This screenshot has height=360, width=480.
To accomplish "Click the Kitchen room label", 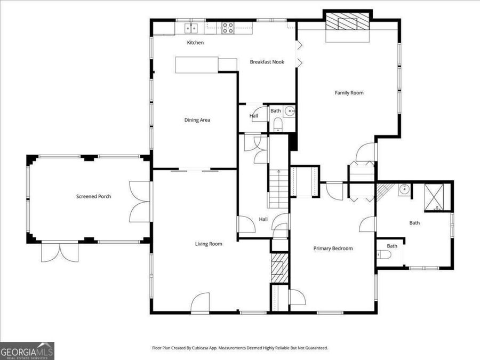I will click(195, 43).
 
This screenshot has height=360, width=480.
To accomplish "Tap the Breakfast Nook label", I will click(267, 62).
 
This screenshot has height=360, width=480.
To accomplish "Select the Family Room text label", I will click(349, 93).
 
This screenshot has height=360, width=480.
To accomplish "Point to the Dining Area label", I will click(197, 120).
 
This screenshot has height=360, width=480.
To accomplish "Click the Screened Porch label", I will click(93, 196).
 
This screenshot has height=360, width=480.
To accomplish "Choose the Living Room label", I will click(208, 244).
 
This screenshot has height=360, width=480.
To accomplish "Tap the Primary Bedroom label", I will click(333, 248).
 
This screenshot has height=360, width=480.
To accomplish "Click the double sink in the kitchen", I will click(191, 28).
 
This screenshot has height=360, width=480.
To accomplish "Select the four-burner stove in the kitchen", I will click(228, 28).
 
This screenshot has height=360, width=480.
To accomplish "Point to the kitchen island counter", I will click(197, 64).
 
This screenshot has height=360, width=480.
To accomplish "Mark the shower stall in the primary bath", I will click(438, 196).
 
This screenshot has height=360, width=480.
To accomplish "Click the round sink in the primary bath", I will click(404, 189).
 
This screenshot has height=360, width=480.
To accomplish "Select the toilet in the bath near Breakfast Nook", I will click(277, 125).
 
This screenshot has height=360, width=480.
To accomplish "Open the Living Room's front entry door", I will click(201, 304).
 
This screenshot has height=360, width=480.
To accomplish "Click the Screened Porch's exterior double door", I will click(55, 252).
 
